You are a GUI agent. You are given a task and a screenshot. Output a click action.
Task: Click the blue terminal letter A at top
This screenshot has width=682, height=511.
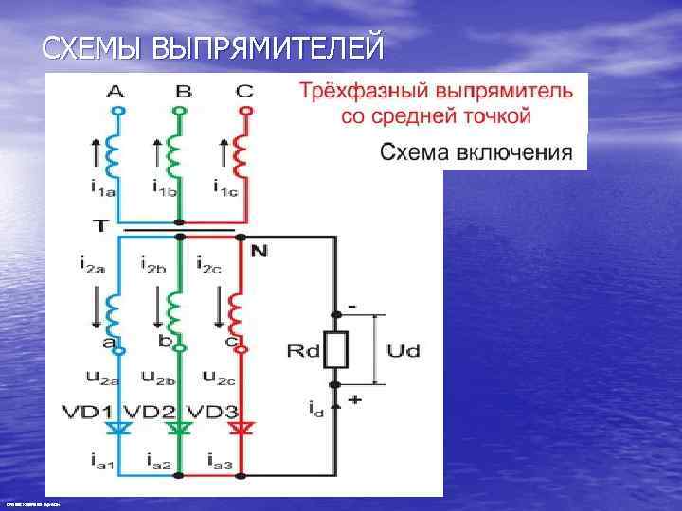[x=115, y=92]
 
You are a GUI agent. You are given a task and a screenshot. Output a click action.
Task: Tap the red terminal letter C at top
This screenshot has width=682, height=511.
[x=245, y=92]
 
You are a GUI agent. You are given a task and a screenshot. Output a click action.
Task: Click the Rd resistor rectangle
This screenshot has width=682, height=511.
[x=336, y=350]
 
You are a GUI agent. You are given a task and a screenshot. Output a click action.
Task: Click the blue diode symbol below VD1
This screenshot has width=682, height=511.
[x=117, y=429]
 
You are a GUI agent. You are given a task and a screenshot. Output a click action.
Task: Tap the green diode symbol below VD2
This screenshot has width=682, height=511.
[x=178, y=429]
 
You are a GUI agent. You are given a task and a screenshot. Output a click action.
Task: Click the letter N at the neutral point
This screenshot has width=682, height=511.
[x=260, y=251]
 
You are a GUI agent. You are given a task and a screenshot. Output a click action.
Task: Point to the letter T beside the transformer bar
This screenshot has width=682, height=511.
[x=100, y=225]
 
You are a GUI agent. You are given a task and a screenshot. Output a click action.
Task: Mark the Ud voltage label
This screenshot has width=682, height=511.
[x=404, y=351]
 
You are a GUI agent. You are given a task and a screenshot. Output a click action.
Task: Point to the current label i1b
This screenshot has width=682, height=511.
[x=164, y=185]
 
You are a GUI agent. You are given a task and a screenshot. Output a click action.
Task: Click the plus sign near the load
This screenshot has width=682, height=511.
[x=355, y=400]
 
